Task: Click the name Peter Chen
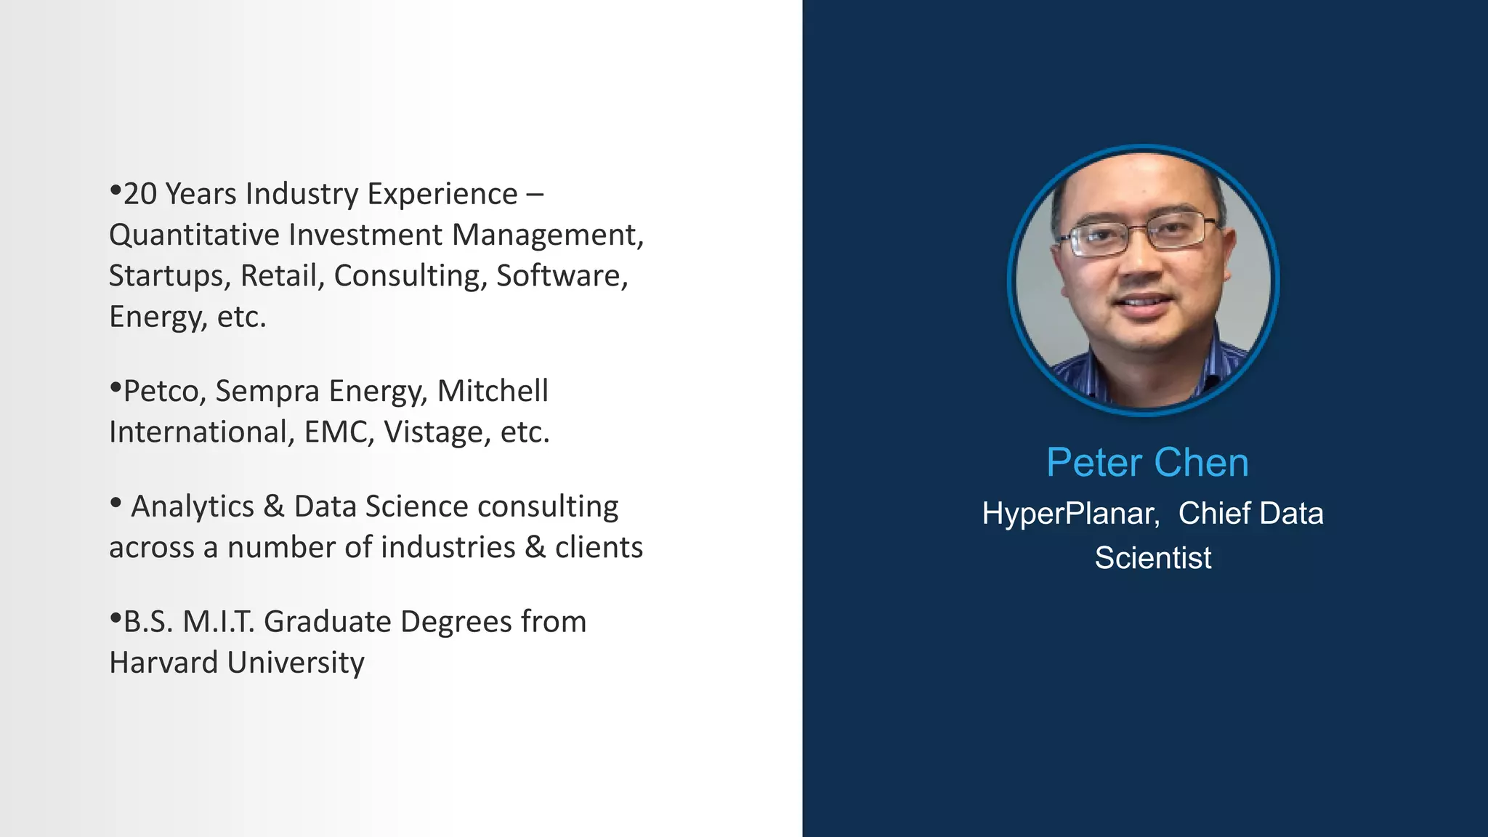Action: [1147, 463]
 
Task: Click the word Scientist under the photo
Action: [1153, 558]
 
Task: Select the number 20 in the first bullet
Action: [140, 195]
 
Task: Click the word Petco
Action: [165, 392]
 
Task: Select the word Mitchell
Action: [493, 391]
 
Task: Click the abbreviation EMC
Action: [339, 432]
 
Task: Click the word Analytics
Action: [192, 506]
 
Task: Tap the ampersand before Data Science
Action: [274, 506]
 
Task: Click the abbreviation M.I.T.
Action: [219, 622]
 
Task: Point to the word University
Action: [296, 663]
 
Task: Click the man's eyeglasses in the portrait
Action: [1137, 236]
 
